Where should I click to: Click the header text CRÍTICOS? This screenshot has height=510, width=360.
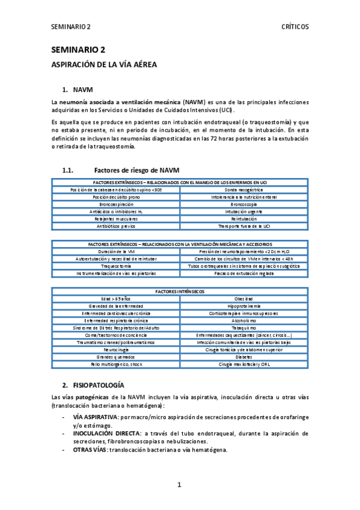click(x=295, y=27)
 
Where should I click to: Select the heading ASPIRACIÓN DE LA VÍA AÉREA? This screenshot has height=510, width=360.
click(x=104, y=64)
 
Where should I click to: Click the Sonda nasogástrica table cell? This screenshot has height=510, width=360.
click(x=243, y=189)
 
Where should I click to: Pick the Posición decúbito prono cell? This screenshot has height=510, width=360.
click(x=116, y=197)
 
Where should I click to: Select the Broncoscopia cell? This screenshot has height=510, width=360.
click(x=243, y=204)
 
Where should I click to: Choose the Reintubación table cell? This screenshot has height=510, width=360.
click(x=243, y=219)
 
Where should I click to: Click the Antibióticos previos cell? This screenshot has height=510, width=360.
click(x=116, y=226)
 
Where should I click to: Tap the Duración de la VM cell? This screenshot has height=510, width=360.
click(x=116, y=251)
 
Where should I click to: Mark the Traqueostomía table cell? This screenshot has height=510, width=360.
click(x=116, y=266)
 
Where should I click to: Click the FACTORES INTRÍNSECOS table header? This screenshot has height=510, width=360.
click(x=180, y=291)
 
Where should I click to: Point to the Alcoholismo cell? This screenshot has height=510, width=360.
click(x=243, y=321)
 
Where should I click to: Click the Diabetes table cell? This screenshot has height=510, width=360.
click(x=243, y=357)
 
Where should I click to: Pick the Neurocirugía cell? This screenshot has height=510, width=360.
click(x=116, y=349)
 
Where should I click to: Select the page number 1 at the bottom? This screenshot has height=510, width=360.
click(x=179, y=485)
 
